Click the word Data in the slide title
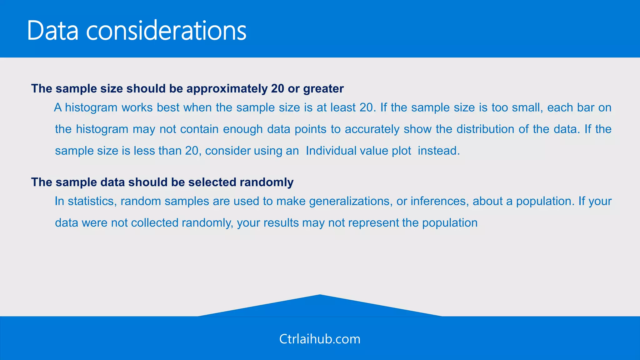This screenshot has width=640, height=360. (52, 31)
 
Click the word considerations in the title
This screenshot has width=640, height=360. (166, 31)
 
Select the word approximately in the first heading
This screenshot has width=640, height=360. (227, 89)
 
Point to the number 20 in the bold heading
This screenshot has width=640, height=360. (277, 89)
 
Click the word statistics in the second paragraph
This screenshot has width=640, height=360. (92, 201)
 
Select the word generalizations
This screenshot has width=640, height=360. (350, 201)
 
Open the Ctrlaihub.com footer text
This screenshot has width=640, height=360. (320, 339)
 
